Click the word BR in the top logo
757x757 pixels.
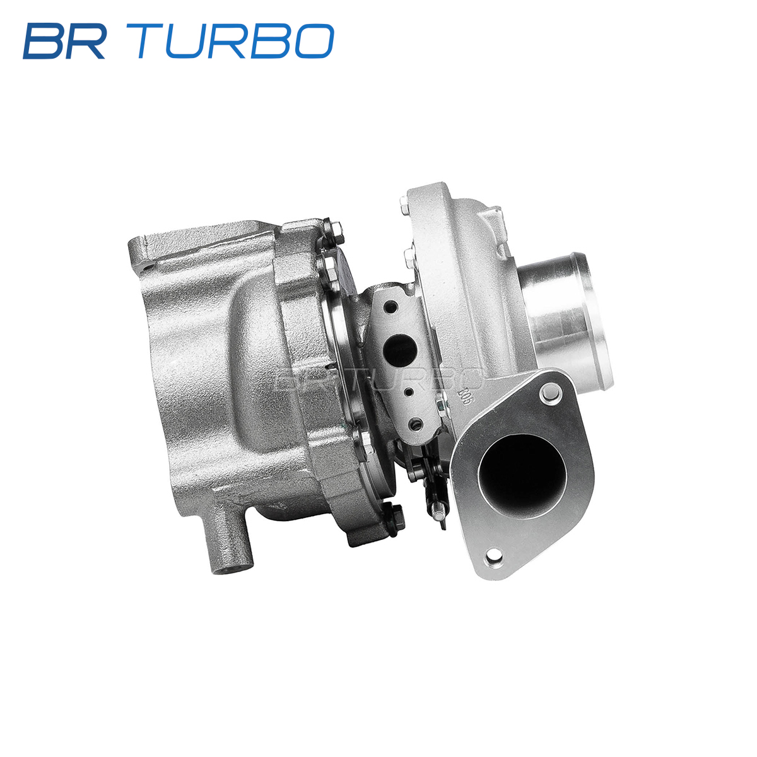64,41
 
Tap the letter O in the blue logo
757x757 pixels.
315,41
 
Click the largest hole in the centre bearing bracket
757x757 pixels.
399,348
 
